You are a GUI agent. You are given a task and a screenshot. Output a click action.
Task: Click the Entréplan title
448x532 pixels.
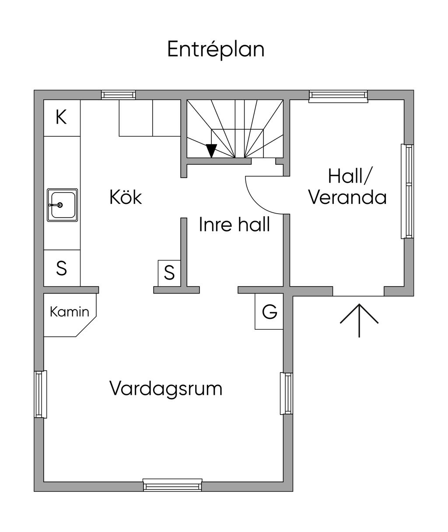click(216, 49)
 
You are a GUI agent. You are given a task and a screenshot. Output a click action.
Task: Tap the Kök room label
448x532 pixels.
click(126, 197)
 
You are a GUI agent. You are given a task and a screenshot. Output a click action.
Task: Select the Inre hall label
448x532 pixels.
click(234, 225)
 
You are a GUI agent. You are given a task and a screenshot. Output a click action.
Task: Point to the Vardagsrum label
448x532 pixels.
click(166, 388)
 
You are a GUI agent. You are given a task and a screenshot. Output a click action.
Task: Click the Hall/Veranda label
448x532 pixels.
click(348, 187)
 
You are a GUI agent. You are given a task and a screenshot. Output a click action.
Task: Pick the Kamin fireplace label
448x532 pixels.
click(69, 312)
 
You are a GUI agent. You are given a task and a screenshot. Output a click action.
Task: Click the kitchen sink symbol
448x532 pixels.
click(62, 205)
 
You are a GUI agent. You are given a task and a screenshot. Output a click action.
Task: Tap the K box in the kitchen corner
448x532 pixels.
click(61, 117)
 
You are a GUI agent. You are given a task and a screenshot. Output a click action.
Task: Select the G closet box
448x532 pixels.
click(269, 312)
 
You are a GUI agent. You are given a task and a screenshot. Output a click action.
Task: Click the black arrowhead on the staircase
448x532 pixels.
click(211, 150)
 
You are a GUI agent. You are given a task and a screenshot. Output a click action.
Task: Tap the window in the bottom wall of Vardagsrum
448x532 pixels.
click(173, 485)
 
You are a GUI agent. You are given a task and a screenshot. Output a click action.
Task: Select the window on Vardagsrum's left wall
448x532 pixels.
click(40, 394)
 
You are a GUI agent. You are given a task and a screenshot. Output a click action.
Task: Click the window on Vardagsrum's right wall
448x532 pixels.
click(287, 393)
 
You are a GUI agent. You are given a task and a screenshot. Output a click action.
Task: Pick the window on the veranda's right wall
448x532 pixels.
click(407, 191)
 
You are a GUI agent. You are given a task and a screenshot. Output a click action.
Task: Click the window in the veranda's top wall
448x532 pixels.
click(338, 96)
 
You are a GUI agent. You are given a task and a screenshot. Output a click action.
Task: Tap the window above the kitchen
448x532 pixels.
click(119, 95)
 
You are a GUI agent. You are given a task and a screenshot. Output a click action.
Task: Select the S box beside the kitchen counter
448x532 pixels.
click(62, 268)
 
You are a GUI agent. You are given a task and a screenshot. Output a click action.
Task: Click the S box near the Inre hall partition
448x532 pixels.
click(169, 273)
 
